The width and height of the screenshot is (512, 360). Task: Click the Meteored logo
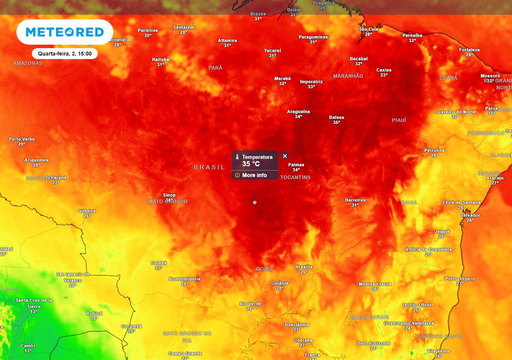pyautogui.click(x=64, y=32)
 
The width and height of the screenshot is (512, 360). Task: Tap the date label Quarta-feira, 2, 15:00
pyautogui.click(x=64, y=53)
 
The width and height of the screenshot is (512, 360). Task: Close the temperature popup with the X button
pyautogui.click(x=285, y=156)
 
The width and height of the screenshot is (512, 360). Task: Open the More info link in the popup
pyautogui.click(x=254, y=175)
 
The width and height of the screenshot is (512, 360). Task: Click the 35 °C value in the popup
pyautogui.click(x=251, y=164)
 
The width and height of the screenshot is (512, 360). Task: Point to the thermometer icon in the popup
pyautogui.click(x=238, y=157)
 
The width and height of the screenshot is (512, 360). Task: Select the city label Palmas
pyautogui.click(x=296, y=164)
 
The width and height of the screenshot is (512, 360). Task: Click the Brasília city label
pyautogui.click(x=304, y=267)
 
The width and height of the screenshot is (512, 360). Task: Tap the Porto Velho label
pyautogui.click(x=21, y=139)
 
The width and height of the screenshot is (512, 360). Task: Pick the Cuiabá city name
pyautogui.click(x=158, y=263)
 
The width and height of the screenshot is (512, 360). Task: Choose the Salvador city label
pyautogui.click(x=470, y=215)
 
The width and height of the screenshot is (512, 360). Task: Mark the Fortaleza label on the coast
pyautogui.click(x=469, y=50)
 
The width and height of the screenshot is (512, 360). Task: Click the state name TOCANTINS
pyautogui.click(x=295, y=177)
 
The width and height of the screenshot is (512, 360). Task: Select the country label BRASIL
pyautogui.click(x=209, y=167)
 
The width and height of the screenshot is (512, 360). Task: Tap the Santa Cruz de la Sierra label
pyautogui.click(x=34, y=303)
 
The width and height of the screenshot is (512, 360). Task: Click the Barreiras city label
pyautogui.click(x=355, y=200)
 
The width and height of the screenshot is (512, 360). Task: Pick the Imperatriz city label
pyautogui.click(x=311, y=81)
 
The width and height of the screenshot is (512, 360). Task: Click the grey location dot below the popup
pyautogui.click(x=254, y=202)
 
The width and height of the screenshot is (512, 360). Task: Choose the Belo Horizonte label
pyautogui.click(x=374, y=343)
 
